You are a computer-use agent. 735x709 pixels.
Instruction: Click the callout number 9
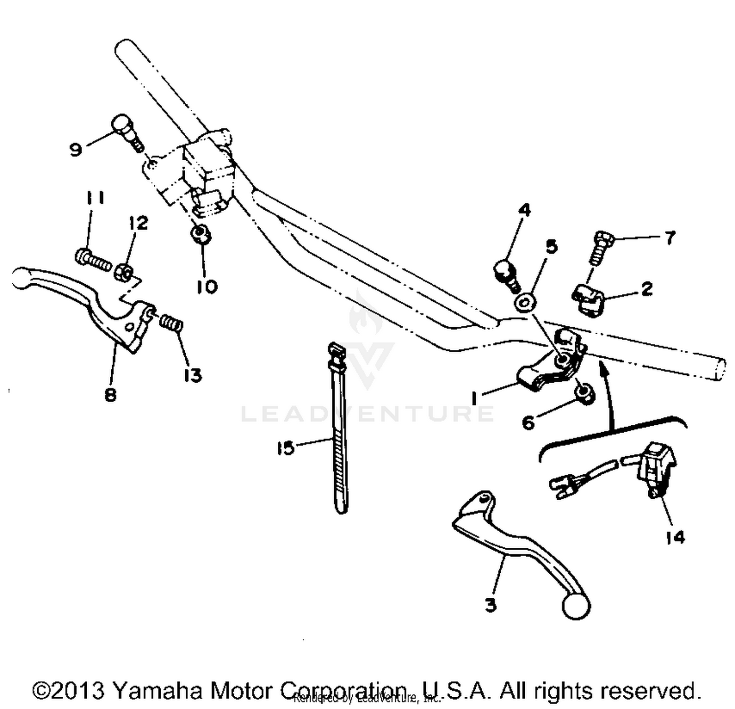click(x=75, y=149)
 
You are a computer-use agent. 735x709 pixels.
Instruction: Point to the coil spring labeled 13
click(x=172, y=323)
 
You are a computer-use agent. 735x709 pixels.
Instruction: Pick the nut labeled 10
click(x=201, y=234)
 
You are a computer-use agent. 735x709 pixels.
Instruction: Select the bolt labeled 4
click(x=505, y=274)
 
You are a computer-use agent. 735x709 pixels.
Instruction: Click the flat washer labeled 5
click(x=525, y=302)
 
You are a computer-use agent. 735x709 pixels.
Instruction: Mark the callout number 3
click(x=490, y=605)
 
